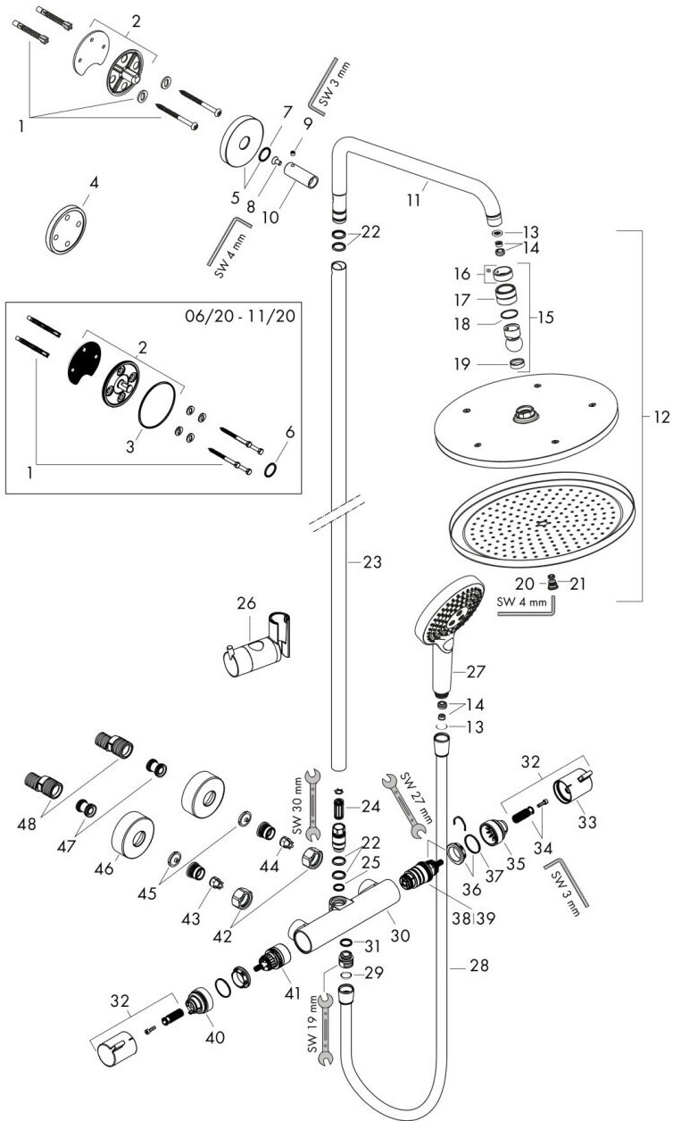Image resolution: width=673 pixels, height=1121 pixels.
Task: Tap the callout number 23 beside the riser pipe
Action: coord(371,562)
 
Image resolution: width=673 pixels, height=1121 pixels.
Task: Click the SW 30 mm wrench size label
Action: coord(298,800)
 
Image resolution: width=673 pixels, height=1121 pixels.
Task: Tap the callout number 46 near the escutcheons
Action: coord(104,867)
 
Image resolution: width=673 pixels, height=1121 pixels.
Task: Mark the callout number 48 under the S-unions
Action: coord(26,825)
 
